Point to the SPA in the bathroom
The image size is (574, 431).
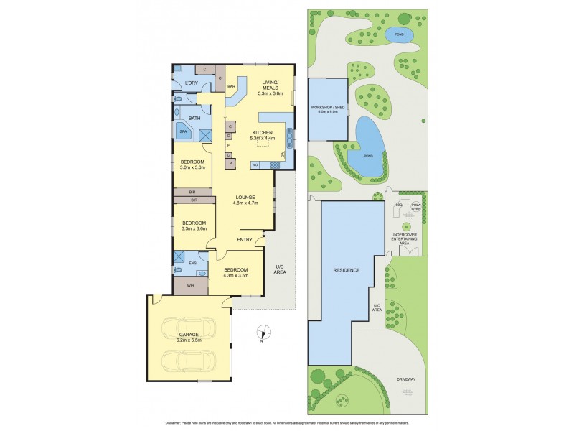pos(183,132)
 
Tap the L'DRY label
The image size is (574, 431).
pos(191,83)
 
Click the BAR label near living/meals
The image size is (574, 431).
pos(232,88)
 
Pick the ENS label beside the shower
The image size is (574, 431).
pos(192,263)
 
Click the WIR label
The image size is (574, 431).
pos(190,286)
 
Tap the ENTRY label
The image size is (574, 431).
pos(245,241)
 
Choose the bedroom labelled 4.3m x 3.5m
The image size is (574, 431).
pos(236,272)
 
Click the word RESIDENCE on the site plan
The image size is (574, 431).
pos(347,271)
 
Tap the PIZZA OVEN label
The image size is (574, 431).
pos(415,206)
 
